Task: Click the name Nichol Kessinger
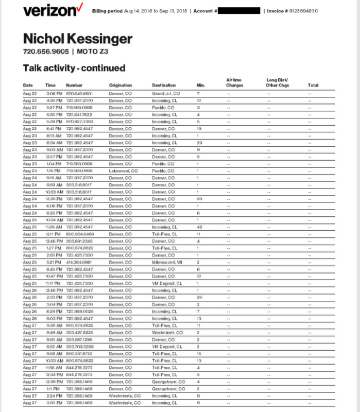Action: coord(78,39)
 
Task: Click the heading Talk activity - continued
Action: coord(74,68)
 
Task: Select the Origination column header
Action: coord(121,85)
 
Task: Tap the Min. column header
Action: coord(201,85)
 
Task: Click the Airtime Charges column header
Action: coord(234,82)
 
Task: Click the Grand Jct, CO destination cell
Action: coord(166,94)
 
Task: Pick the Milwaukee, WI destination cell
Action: coord(167,262)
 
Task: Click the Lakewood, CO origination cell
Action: coord(123,170)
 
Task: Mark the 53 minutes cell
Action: coord(199,198)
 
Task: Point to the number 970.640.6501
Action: coord(79,94)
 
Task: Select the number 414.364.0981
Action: coord(79,262)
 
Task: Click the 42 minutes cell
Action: coord(199,227)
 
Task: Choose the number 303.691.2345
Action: coord(79,241)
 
